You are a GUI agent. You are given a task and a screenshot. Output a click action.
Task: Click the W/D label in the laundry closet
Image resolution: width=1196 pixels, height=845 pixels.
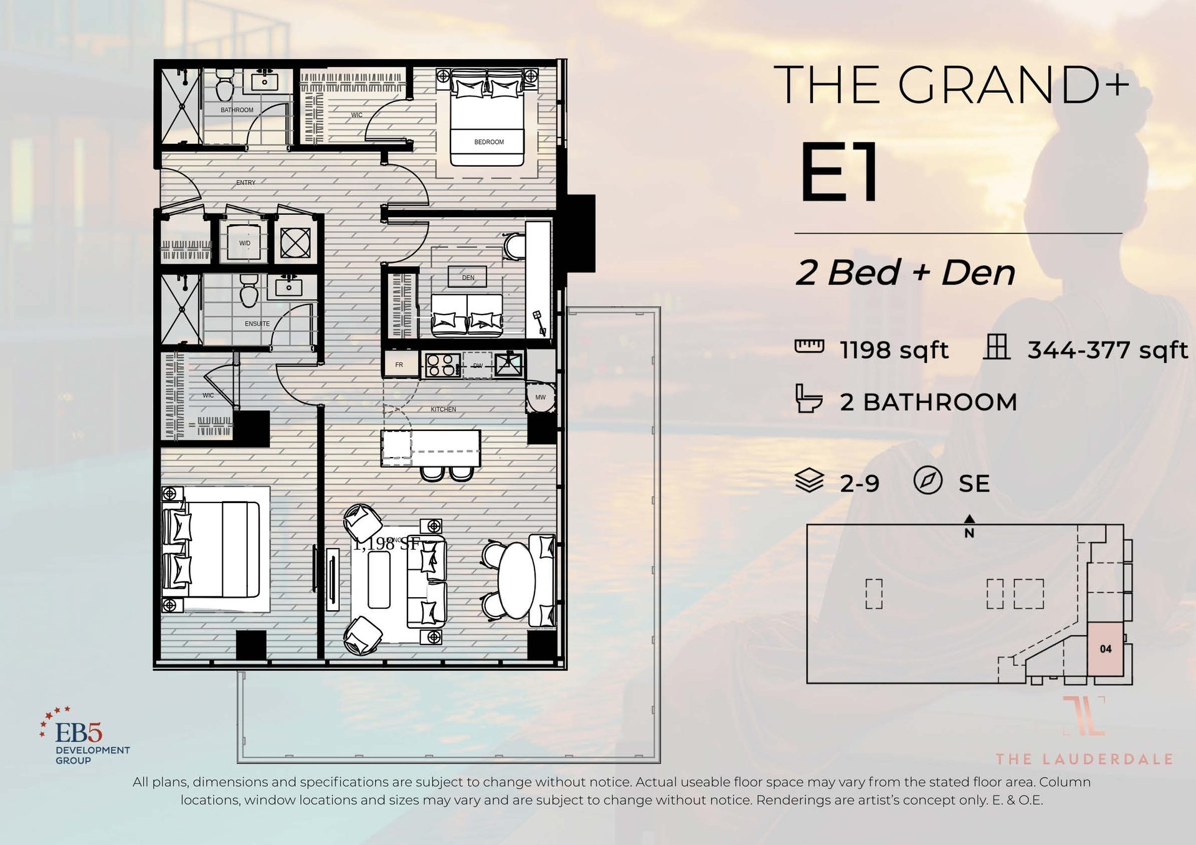(245, 243)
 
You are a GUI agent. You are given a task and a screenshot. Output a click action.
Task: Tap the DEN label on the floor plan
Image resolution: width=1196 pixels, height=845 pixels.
(468, 277)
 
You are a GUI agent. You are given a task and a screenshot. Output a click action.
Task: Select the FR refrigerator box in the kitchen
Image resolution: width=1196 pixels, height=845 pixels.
(399, 365)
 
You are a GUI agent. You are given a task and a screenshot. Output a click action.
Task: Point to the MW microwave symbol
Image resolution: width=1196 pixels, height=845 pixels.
(540, 397)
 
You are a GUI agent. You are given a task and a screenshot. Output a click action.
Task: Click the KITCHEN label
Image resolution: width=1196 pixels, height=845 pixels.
(443, 409)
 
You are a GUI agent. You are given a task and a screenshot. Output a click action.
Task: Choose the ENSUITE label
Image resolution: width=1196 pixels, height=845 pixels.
(257, 324)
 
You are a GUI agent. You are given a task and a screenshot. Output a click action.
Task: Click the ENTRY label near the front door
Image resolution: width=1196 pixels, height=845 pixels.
(245, 182)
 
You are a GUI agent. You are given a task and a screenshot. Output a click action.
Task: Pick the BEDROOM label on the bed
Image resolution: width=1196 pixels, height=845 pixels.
(489, 142)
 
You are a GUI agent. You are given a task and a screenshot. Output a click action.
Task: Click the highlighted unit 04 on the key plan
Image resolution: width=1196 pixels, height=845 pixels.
(1106, 649)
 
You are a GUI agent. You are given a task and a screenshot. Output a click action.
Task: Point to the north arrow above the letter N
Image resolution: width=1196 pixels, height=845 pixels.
(969, 519)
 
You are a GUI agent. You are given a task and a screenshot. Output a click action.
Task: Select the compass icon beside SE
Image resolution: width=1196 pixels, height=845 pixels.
(928, 481)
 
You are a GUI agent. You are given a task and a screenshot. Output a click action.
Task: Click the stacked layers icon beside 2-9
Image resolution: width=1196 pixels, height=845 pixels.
(809, 481)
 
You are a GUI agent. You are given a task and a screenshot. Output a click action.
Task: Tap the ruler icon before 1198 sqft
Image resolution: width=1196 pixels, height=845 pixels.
(809, 346)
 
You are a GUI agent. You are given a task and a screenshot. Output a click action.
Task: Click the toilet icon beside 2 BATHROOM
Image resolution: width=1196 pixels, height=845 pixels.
(809, 399)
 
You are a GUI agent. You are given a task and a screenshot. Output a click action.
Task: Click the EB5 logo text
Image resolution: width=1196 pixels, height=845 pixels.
(78, 733)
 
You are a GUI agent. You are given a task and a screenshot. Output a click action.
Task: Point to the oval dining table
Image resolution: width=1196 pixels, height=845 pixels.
(516, 580)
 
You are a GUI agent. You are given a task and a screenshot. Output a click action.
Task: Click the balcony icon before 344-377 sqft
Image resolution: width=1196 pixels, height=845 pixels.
(996, 347)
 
